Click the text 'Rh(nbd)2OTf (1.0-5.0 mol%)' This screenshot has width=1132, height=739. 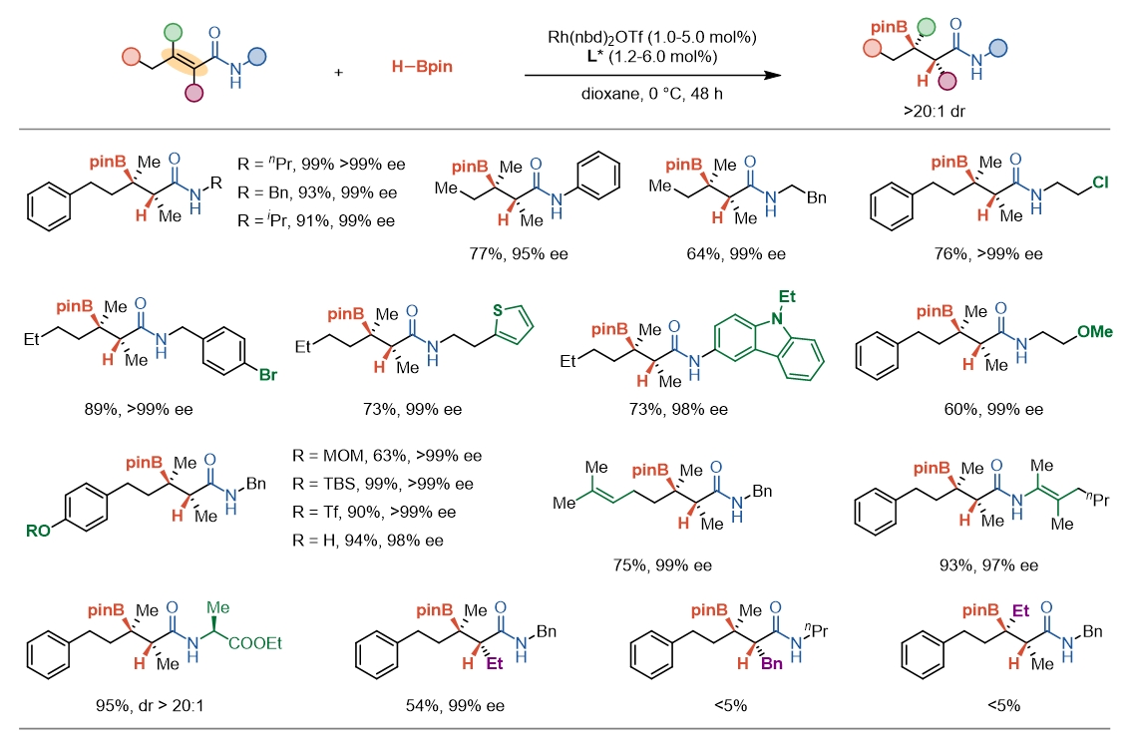pos(652,37)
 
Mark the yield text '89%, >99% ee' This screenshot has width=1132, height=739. pos(138,409)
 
